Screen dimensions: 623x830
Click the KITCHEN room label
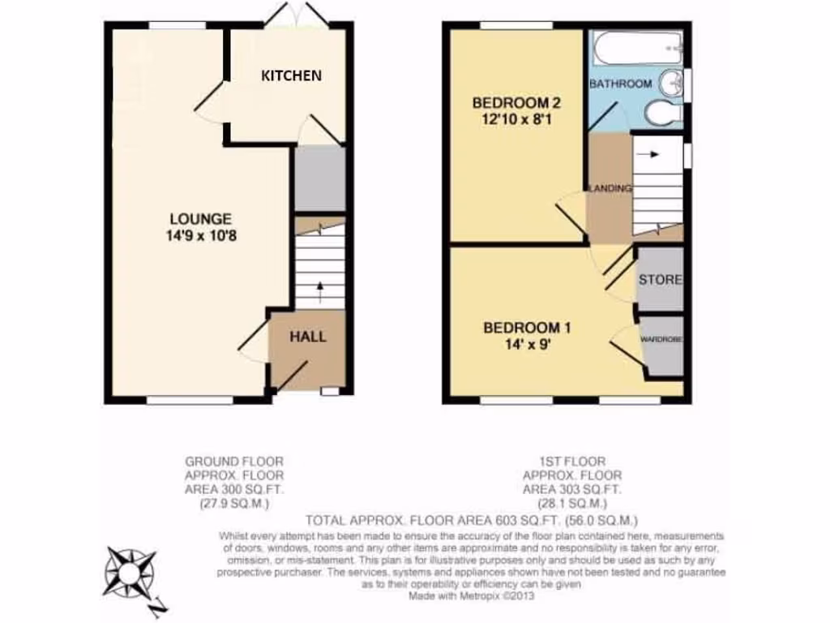pos(291,75)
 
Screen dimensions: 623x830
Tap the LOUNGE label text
pos(200,218)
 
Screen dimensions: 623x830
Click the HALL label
pos(308,336)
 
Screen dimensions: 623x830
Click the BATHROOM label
pos(620,84)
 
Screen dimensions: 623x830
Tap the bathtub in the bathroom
pos(635,49)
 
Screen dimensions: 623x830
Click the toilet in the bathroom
pos(661,114)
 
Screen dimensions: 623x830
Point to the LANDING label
pos(610,188)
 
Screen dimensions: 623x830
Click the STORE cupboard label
pos(661,280)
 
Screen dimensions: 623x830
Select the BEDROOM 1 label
pos(527,328)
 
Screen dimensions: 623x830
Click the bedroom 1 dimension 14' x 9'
pos(527,344)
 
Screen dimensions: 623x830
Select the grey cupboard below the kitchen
pos(319,178)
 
